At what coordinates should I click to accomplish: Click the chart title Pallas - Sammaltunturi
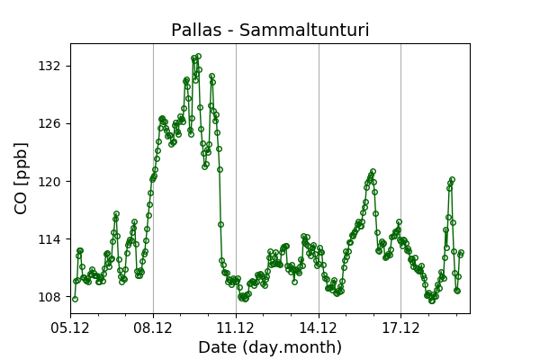pyautogui.click(x=270, y=31)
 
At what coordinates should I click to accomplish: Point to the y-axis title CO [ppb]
pyautogui.click(x=22, y=178)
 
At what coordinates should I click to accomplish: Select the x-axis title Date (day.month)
pyautogui.click(x=270, y=347)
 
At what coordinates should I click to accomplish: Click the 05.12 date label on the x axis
pyautogui.click(x=71, y=327)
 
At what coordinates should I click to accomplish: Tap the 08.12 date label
pyautogui.click(x=153, y=327)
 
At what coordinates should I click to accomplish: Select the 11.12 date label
pyautogui.click(x=236, y=327)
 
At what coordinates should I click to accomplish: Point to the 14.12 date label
pyautogui.click(x=319, y=327)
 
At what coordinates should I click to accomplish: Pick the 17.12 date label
pyautogui.click(x=400, y=327)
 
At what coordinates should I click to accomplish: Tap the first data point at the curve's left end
pyautogui.click(x=75, y=299)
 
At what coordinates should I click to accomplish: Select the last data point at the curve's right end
pyautogui.click(x=461, y=253)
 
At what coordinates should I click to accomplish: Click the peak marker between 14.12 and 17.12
pyautogui.click(x=373, y=171)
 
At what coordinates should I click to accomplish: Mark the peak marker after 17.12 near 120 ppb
pyautogui.click(x=452, y=180)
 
